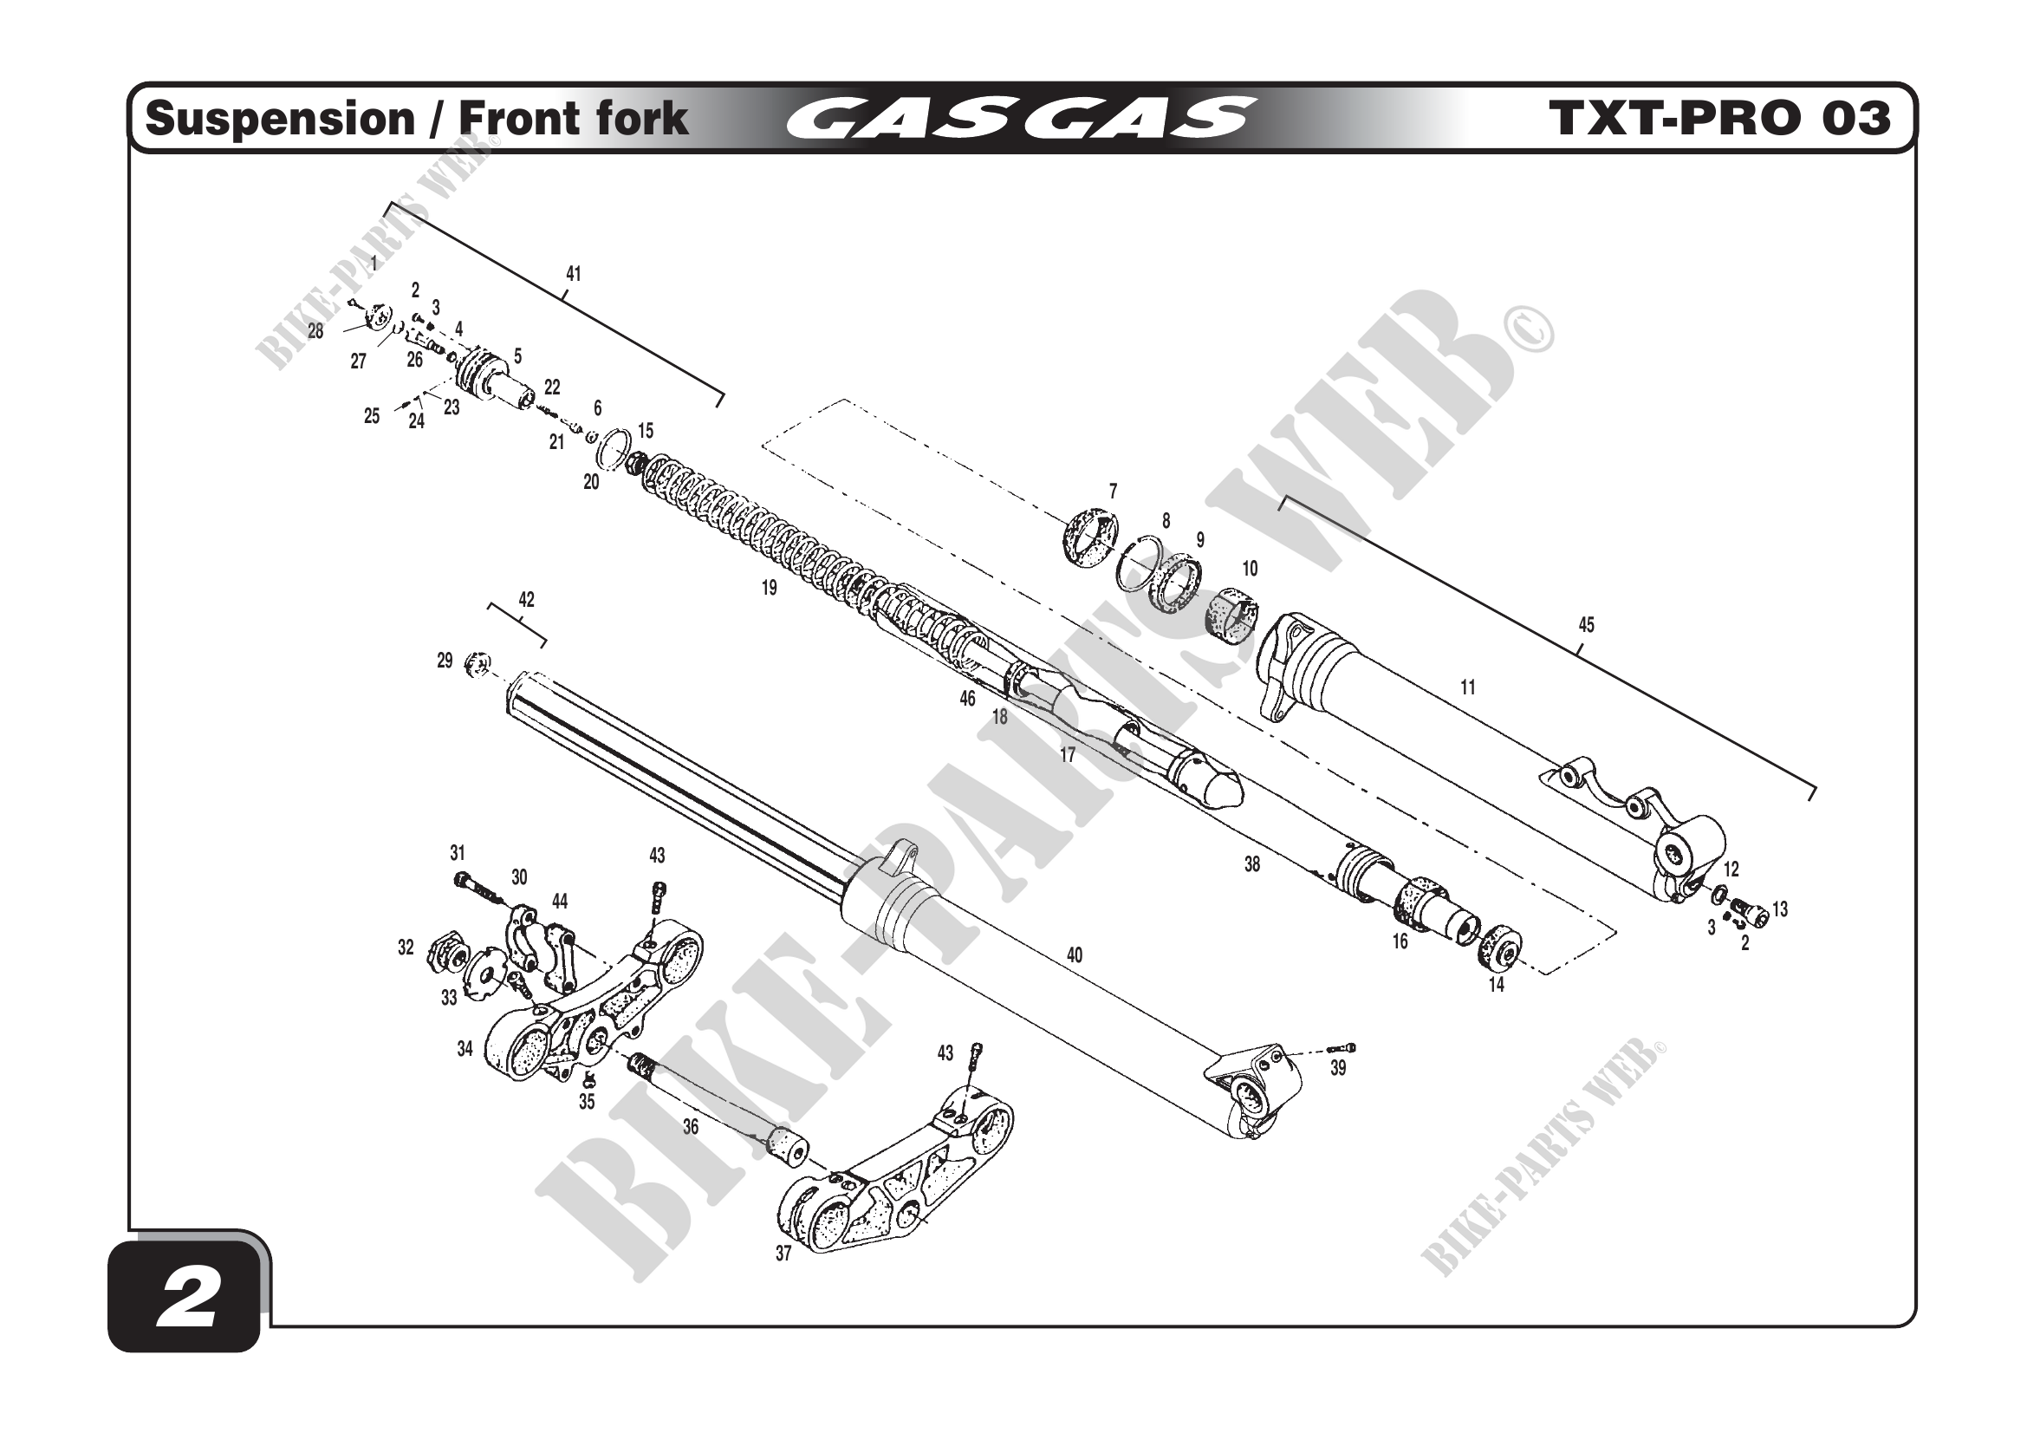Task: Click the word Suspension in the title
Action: tap(280, 119)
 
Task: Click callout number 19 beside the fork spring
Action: tap(769, 588)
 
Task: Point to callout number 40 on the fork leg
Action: tap(1074, 954)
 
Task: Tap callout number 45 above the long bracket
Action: tap(1586, 625)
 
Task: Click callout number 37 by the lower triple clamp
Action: tap(783, 1253)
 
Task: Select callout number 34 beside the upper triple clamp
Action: tap(465, 1048)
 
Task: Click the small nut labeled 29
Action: tap(477, 663)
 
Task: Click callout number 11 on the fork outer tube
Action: tap(1467, 687)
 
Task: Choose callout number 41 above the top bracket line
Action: tap(573, 274)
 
